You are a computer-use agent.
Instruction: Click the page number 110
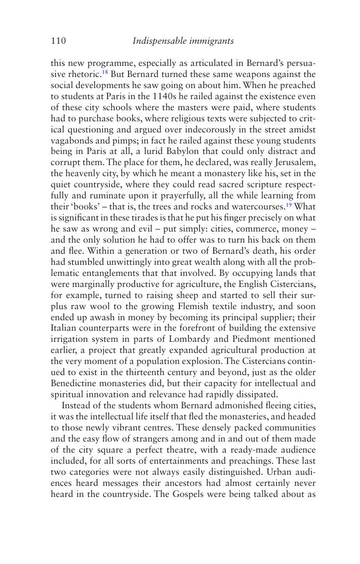[58, 40]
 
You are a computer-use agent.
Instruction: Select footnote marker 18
[104, 73]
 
